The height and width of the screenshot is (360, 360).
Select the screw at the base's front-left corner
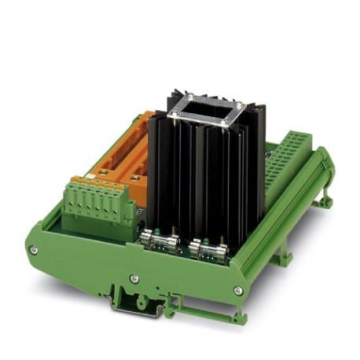(33, 250)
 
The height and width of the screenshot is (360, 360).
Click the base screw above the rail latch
(134, 277)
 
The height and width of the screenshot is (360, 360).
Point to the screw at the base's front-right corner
(237, 290)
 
